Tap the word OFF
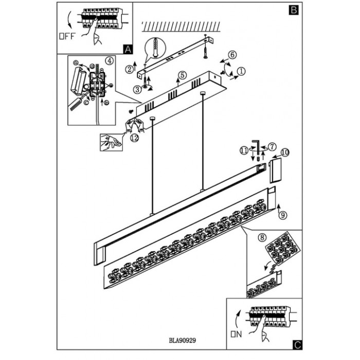point(67,37)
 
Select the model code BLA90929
point(184,340)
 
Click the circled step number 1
point(241,71)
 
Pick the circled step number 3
point(137,89)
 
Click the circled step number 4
point(109,60)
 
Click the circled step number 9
point(281,216)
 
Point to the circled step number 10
point(285,152)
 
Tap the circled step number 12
point(134,137)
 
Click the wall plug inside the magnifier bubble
point(155,50)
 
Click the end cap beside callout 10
point(274,170)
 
